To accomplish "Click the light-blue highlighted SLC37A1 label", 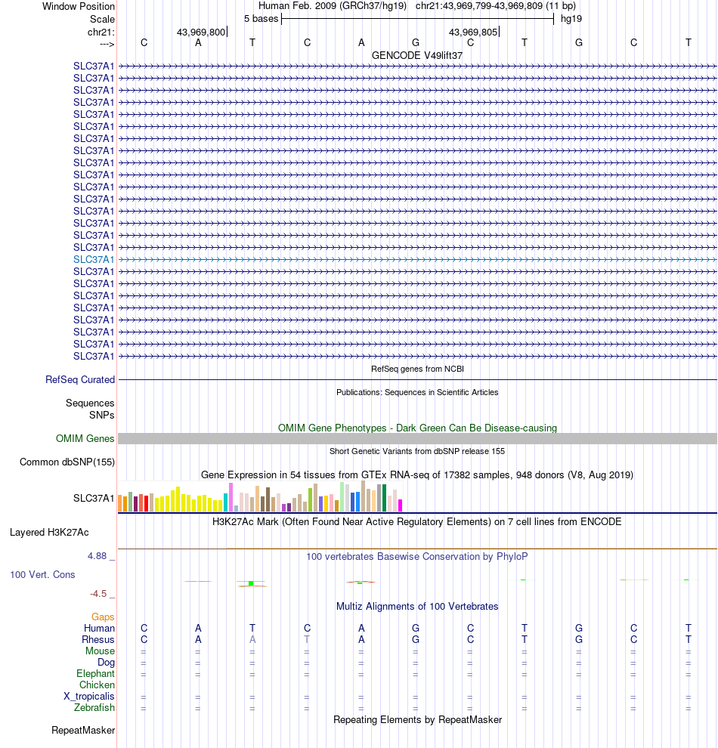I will (x=94, y=259).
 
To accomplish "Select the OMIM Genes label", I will (x=85, y=438).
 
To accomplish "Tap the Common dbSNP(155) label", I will (x=67, y=462).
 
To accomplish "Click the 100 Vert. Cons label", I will (x=42, y=575).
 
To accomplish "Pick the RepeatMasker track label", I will (x=83, y=731).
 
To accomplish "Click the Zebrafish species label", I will (x=94, y=708).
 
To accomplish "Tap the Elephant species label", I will (x=95, y=674).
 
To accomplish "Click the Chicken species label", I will (x=97, y=685).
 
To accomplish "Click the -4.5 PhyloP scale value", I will (x=100, y=594).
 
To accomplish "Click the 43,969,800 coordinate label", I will (x=200, y=32).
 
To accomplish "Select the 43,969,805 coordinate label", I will (x=472, y=32).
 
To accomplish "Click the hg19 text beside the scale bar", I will (x=571, y=18).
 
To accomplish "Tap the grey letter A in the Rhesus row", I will (x=252, y=640).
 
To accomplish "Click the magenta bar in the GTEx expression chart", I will (x=401, y=505).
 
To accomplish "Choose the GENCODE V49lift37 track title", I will (x=417, y=55).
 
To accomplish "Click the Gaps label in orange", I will (x=103, y=617).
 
